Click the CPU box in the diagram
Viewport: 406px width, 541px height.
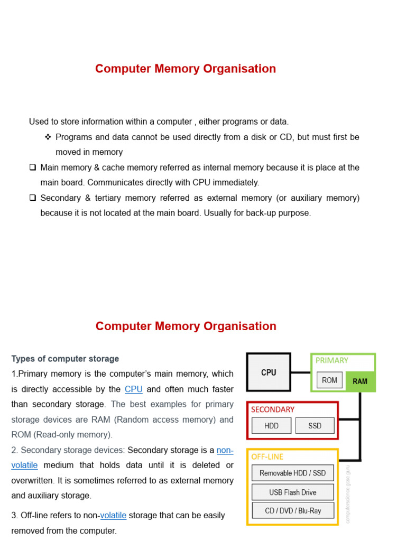point(269,372)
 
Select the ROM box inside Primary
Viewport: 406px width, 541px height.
point(329,380)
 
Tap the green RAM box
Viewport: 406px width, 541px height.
point(360,381)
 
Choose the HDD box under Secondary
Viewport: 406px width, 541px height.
point(271,425)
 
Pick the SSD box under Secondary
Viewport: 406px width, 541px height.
point(315,425)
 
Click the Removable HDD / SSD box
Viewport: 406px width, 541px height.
point(292,473)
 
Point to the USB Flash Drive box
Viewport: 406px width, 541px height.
point(292,492)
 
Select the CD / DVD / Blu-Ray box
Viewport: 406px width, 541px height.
point(292,510)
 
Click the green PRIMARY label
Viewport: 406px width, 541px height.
point(331,360)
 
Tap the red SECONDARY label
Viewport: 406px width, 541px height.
point(273,409)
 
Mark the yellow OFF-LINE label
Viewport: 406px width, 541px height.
point(267,456)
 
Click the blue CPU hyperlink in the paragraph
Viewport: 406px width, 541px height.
point(134,389)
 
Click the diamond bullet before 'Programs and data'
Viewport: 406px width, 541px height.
point(48,137)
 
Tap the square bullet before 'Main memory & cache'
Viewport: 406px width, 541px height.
point(33,167)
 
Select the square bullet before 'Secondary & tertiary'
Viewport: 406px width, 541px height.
point(33,198)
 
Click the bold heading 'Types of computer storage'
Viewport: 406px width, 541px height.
point(65,359)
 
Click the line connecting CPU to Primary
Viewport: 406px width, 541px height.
point(300,372)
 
